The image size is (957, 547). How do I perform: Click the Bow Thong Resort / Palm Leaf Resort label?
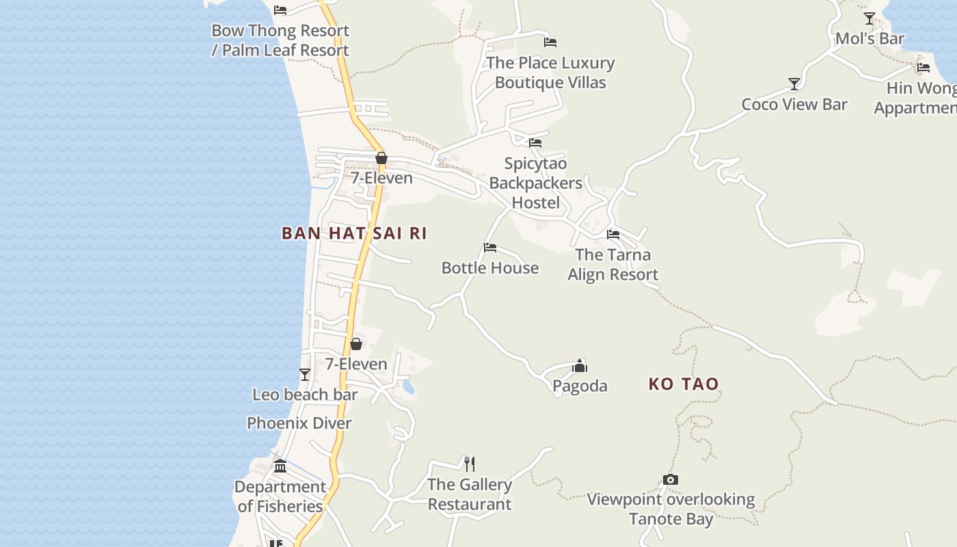280,40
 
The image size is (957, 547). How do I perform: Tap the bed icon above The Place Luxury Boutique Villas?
550,42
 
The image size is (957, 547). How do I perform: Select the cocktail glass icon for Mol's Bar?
870,18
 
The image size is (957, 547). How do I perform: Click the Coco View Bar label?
794,105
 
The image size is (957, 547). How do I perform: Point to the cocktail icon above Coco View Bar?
794,84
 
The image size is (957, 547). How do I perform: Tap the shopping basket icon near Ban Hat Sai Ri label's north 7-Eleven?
381,159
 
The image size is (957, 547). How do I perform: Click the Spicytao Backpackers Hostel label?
536,183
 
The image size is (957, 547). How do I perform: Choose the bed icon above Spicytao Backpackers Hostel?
535,143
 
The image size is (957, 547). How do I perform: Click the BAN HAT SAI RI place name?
354,233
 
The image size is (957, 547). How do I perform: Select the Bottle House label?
490,268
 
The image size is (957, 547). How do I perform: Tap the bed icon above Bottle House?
490,248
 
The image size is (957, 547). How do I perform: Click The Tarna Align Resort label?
613,265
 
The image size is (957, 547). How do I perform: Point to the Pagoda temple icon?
580,366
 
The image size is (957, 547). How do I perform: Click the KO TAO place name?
684,384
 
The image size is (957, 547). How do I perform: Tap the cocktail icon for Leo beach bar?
305,375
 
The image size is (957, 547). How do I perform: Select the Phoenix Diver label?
299,423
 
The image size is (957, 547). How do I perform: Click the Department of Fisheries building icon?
280,466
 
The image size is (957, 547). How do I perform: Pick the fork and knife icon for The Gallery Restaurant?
470,464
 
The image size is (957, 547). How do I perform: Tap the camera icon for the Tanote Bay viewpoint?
671,479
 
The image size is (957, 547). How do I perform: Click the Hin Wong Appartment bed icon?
924,68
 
